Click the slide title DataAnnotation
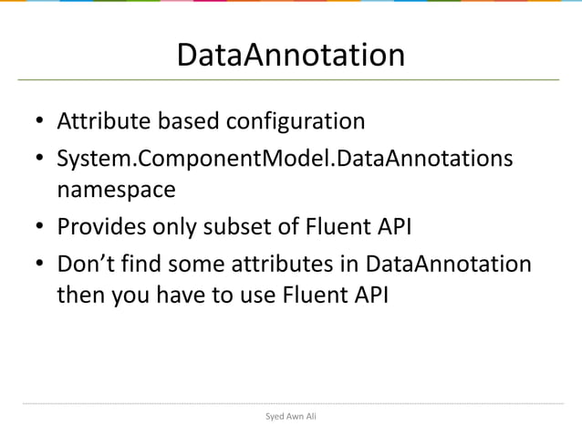point(290,56)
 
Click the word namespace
point(116,191)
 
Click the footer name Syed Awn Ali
point(290,416)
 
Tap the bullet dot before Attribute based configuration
point(39,123)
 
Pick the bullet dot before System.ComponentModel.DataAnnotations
point(39,161)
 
